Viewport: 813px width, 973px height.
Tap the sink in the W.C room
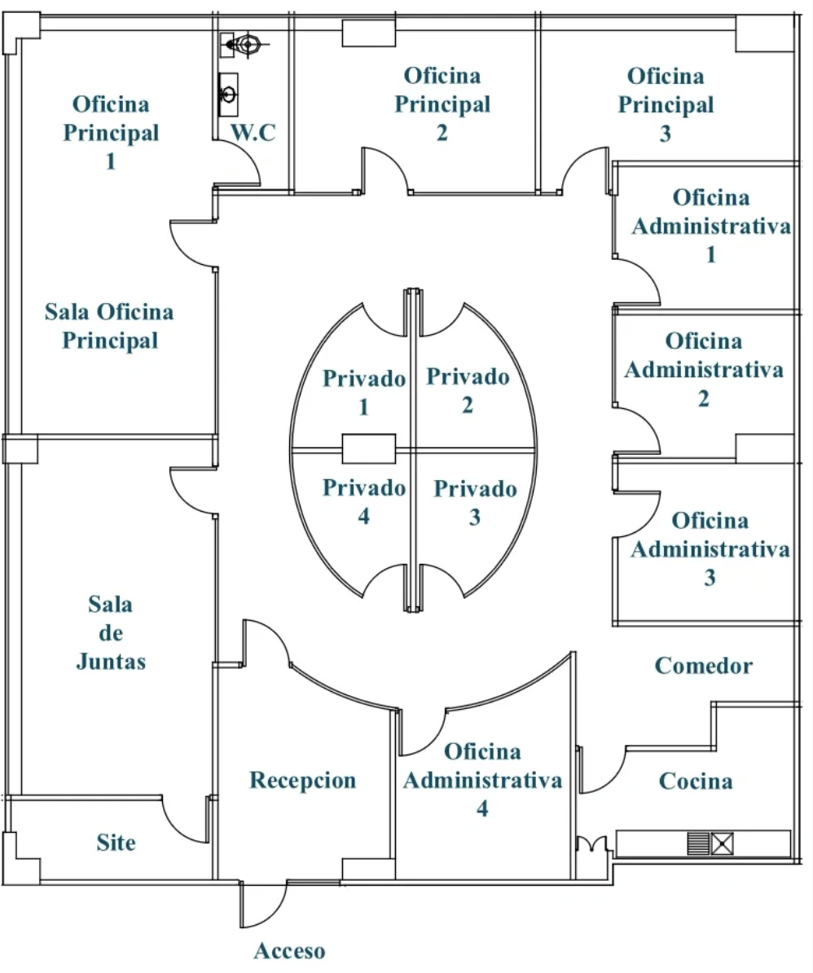pos(229,91)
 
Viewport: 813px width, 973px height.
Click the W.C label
pos(254,134)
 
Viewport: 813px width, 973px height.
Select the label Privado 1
pos(363,392)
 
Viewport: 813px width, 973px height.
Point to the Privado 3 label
pos(474,503)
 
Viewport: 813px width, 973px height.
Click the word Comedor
pos(704,666)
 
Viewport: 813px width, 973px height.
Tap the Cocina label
pos(695,781)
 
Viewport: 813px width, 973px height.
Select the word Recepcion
pos(302,781)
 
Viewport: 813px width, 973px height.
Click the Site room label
pos(116,843)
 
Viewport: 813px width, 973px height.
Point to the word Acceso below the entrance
pos(289,951)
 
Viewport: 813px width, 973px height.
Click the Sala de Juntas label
pos(111,633)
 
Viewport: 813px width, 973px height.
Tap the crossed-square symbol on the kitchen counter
pos(723,843)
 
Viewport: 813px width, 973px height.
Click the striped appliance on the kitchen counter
pos(699,843)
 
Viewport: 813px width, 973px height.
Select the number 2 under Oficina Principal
pos(442,133)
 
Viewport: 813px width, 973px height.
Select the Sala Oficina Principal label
pos(110,326)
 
